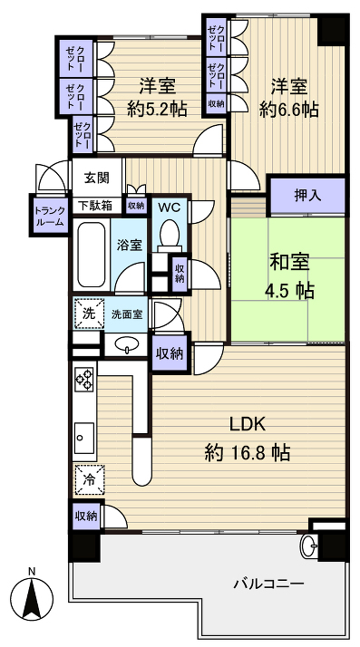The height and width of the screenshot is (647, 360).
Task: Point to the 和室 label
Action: tap(288, 263)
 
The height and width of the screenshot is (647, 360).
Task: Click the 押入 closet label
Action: tap(307, 194)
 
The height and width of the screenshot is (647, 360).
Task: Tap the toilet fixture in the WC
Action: tap(169, 235)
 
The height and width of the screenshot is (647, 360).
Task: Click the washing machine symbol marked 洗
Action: tap(88, 313)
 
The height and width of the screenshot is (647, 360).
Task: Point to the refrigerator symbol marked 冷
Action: tap(88, 478)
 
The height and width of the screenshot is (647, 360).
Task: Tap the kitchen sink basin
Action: tap(85, 439)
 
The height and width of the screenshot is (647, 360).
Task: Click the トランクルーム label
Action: tap(49, 216)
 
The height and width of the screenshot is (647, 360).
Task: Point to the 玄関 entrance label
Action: tap(97, 179)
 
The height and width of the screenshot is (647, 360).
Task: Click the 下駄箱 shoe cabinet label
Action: tap(94, 206)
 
